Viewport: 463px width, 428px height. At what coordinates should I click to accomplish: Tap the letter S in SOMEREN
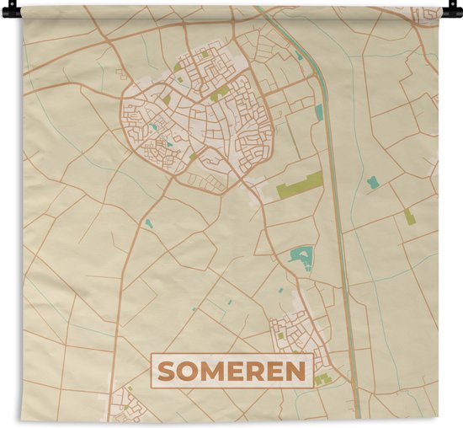167,371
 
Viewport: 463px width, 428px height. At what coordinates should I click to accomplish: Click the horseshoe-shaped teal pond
301,254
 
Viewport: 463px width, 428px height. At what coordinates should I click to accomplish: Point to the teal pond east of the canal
372,181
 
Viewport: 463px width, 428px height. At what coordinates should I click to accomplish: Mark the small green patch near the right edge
409,217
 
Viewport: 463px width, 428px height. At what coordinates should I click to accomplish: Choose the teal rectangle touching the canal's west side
319,111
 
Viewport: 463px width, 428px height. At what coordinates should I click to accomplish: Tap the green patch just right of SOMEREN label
322,380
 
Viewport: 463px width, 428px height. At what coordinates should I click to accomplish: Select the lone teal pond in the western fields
148,223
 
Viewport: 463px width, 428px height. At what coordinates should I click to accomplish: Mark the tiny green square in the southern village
280,336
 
